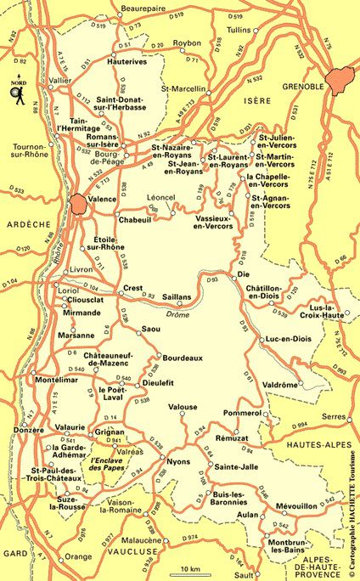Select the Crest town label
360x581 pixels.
pyautogui.click(x=133, y=288)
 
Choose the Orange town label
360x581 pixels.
pyautogui.click(x=78, y=556)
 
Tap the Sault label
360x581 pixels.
pyautogui.click(x=244, y=574)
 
